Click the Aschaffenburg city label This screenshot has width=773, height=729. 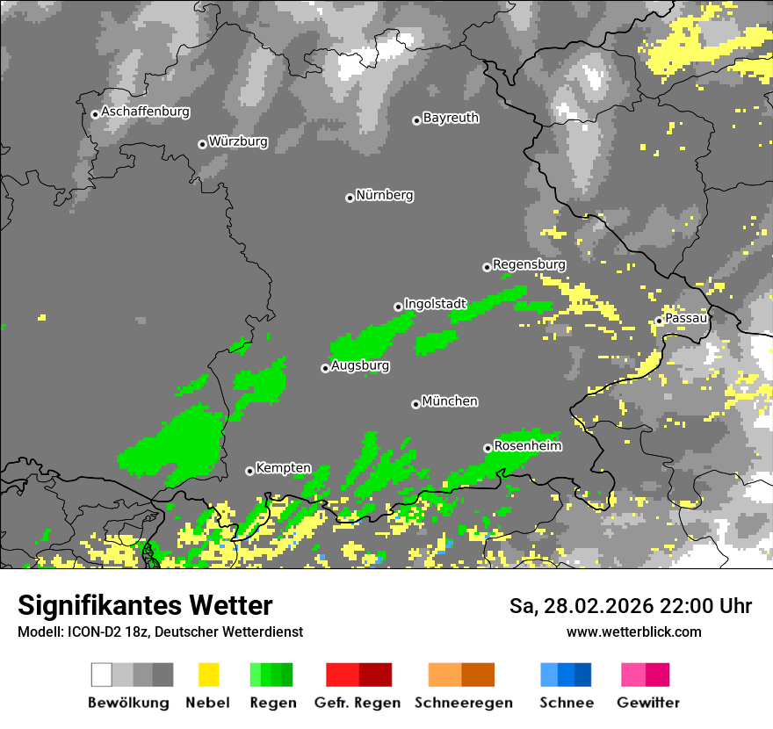(x=145, y=112)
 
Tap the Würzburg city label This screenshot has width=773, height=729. (x=238, y=141)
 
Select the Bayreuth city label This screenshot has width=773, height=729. (x=451, y=118)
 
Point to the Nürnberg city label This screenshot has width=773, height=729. (x=384, y=196)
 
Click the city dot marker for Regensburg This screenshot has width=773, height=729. (x=487, y=267)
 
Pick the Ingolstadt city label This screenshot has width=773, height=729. (x=435, y=304)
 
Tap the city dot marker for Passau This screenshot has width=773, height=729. (x=659, y=321)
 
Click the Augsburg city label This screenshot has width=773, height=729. (x=360, y=366)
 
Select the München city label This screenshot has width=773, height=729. (x=450, y=401)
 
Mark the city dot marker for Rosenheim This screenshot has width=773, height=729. (x=488, y=448)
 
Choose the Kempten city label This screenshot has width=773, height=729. (x=283, y=468)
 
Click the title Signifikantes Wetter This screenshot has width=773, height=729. (x=145, y=606)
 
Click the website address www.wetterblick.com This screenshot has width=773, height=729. (x=633, y=632)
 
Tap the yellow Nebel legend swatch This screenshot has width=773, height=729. (x=208, y=675)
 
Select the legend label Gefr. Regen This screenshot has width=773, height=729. (x=358, y=703)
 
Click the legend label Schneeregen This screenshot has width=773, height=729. (x=463, y=703)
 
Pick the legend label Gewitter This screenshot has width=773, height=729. (x=647, y=703)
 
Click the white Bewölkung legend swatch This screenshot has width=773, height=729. (x=102, y=675)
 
